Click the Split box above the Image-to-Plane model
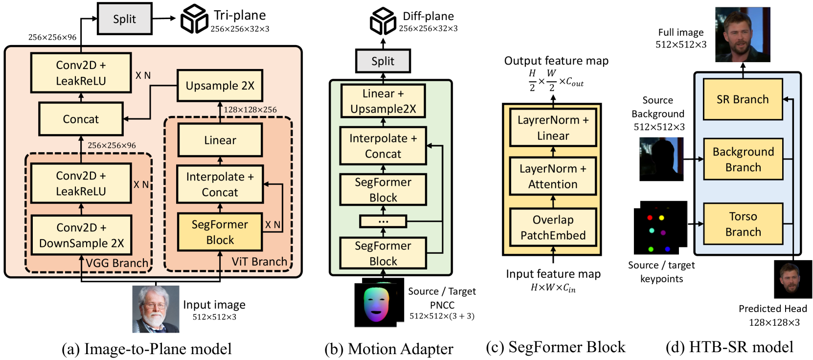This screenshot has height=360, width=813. pyautogui.click(x=125, y=19)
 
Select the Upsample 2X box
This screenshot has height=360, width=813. pyautogui.click(x=220, y=86)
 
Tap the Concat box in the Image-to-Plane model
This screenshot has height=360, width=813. pyautogui.click(x=81, y=119)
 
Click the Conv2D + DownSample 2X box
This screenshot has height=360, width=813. pyautogui.click(x=81, y=235)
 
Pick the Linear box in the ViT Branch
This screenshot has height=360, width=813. pyautogui.click(x=220, y=140)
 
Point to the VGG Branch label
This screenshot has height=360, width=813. pyautogui.click(x=117, y=263)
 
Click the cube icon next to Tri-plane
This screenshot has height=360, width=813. pyautogui.click(x=194, y=19)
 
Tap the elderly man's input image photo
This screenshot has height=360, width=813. pyautogui.click(x=156, y=309)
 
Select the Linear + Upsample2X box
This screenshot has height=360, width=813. pyautogui.click(x=383, y=101)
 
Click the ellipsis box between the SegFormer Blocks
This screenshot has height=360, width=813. pyautogui.click(x=383, y=222)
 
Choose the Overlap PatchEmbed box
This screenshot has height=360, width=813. pyautogui.click(x=553, y=227)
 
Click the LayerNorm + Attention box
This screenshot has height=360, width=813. pyautogui.click(x=553, y=177)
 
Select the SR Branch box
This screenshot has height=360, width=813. pyautogui.click(x=743, y=99)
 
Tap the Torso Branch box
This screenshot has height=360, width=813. pyautogui.click(x=743, y=224)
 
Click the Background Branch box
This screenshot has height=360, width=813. pyautogui.click(x=743, y=159)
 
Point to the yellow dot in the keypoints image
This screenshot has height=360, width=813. pyautogui.click(x=661, y=218)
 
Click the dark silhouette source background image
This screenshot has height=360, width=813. pyautogui.click(x=661, y=159)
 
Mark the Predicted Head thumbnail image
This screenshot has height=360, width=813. pyautogui.click(x=792, y=279)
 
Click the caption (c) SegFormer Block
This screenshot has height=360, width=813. pyautogui.click(x=555, y=347)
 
